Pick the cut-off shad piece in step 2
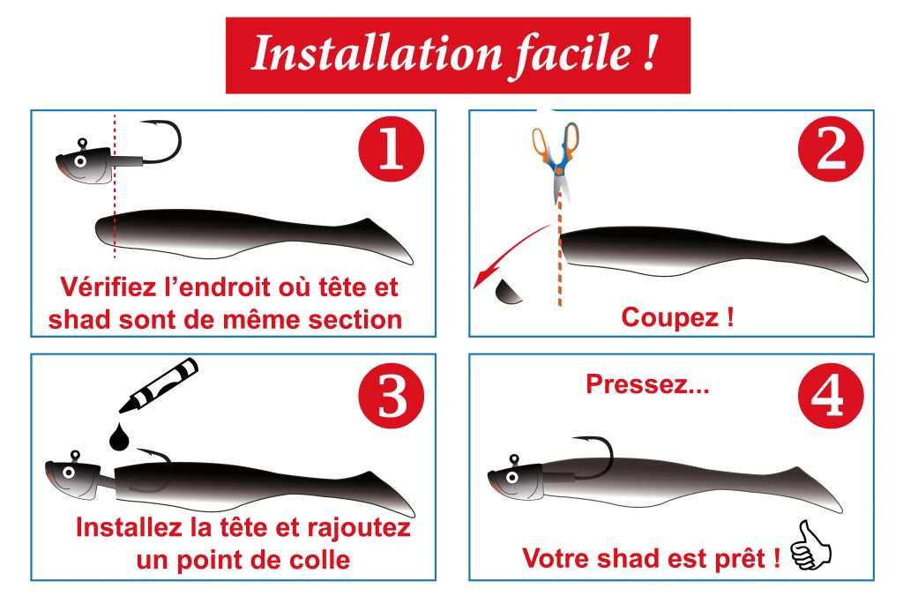point(509,292)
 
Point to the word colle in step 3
point(317,559)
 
